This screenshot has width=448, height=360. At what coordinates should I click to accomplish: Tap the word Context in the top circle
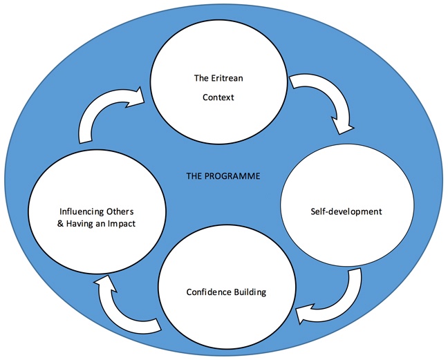point(218,97)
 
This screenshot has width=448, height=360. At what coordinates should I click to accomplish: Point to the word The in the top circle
point(200,77)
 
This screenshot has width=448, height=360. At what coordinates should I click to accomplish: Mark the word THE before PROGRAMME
point(194,176)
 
